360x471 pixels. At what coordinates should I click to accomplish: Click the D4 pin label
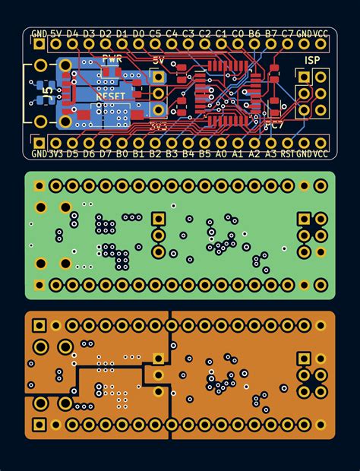pos(72,33)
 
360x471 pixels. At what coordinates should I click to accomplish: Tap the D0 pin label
pos(138,33)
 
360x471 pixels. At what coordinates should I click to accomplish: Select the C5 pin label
pos(155,33)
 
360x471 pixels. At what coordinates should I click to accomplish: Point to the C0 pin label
pos(238,33)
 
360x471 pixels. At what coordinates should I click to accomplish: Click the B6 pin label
pos(254,33)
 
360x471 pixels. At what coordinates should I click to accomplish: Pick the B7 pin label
pos(271,33)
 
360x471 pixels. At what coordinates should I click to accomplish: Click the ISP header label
pos(312,59)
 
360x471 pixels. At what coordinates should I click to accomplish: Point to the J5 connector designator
pos(48,93)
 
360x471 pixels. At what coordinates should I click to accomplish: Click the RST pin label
pos(287,153)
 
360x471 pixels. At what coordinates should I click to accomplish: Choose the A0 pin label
pos(221,153)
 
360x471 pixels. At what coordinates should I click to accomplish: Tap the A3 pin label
pos(271,153)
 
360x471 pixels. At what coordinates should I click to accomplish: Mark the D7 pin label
pos(106,153)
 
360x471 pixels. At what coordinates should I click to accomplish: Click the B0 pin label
pos(122,153)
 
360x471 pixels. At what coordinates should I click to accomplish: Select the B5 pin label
pos(204,153)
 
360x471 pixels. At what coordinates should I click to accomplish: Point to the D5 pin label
pos(72,153)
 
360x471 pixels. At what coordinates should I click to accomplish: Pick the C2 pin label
pos(204,33)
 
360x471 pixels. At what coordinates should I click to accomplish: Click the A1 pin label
pos(238,153)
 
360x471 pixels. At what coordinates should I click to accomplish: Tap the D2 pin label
pos(106,33)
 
